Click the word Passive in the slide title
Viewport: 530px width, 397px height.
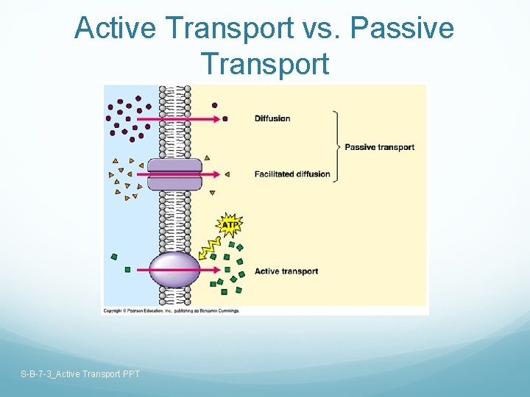coord(402,29)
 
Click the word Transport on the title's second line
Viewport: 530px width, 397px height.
coord(264,63)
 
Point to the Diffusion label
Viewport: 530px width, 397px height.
coord(272,118)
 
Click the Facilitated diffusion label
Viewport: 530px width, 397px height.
coord(292,174)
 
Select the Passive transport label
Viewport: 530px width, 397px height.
coord(379,147)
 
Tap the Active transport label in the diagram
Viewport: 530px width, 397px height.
coord(286,271)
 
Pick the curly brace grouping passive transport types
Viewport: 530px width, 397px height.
coord(337,146)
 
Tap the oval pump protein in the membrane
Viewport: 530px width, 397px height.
coord(174,270)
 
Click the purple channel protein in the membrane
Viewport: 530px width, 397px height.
coord(174,174)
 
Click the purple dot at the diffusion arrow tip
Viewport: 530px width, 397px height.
coord(225,118)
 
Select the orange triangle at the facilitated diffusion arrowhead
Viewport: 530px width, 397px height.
coord(227,174)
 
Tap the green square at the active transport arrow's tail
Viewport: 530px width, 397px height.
coord(127,270)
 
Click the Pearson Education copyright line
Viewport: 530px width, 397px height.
coord(171,311)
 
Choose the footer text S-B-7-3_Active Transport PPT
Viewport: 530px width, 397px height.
coord(80,374)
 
